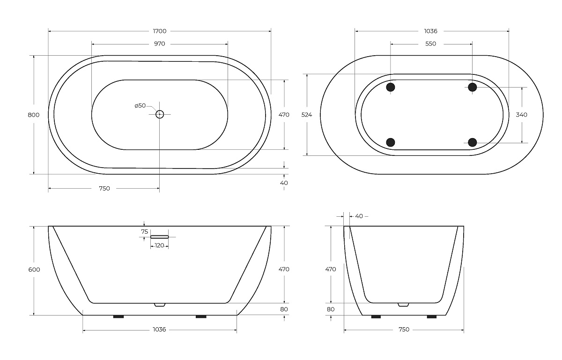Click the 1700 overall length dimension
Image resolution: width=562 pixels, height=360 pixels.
(160, 31)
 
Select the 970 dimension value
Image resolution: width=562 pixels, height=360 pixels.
(160, 44)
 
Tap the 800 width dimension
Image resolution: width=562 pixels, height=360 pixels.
(34, 115)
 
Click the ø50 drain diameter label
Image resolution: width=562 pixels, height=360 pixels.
(140, 106)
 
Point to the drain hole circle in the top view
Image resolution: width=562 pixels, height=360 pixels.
(160, 114)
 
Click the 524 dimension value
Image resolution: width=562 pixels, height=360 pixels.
(307, 115)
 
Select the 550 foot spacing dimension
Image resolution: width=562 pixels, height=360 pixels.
(431, 44)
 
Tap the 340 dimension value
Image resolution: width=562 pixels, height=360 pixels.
(522, 115)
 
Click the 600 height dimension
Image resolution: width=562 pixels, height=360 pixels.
(34, 270)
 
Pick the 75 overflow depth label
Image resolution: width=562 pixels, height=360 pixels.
(145, 232)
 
